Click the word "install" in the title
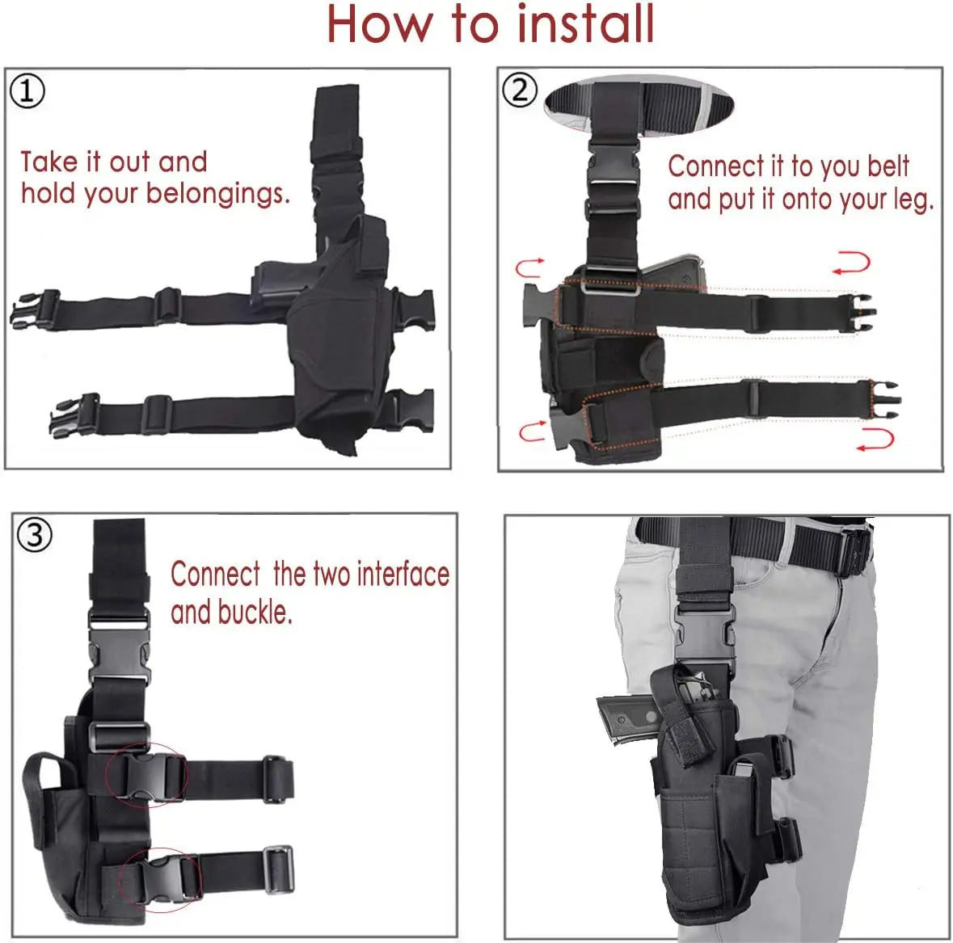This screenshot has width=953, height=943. click(x=585, y=24)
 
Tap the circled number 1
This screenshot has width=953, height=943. click(x=27, y=91)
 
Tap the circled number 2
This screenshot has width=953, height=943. click(x=519, y=89)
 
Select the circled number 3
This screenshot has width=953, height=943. click(x=34, y=534)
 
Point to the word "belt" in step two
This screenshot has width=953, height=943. click(x=888, y=166)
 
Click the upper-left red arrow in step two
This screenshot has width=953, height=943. click(x=529, y=267)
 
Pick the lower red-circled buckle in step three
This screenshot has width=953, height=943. click(x=159, y=879)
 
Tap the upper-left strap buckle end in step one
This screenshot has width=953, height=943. click(x=35, y=309)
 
